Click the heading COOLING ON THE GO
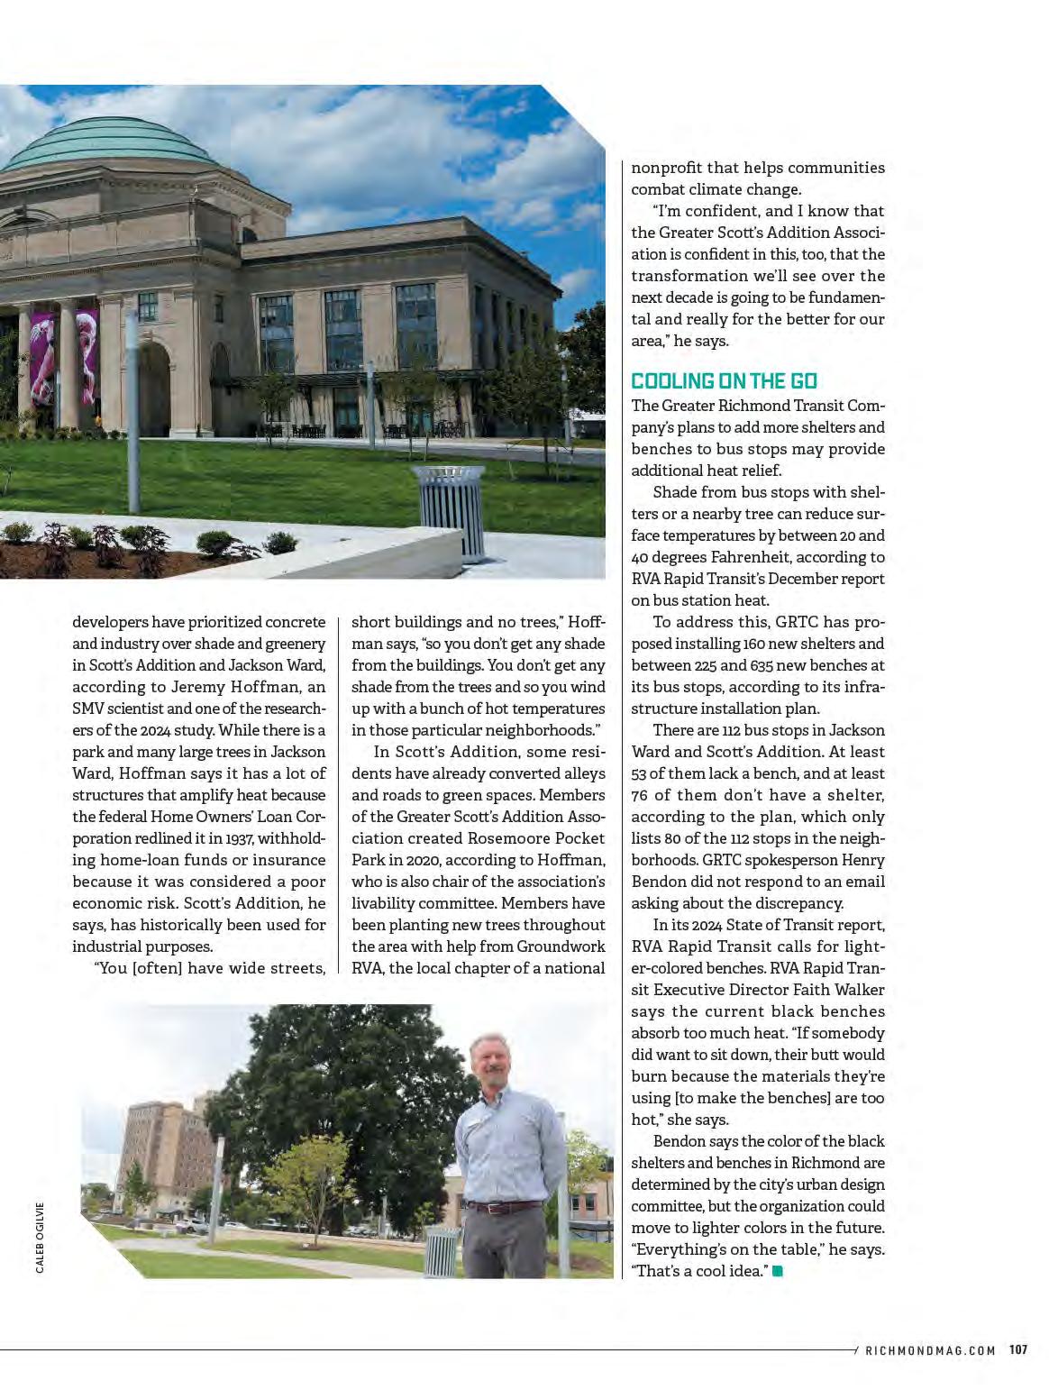tap(724, 381)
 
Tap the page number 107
tap(1018, 1349)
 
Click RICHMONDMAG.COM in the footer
tap(930, 1350)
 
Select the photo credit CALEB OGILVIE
tap(41, 1237)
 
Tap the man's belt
tap(502, 1206)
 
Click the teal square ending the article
tap(778, 1271)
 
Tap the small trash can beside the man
tap(441, 1251)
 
